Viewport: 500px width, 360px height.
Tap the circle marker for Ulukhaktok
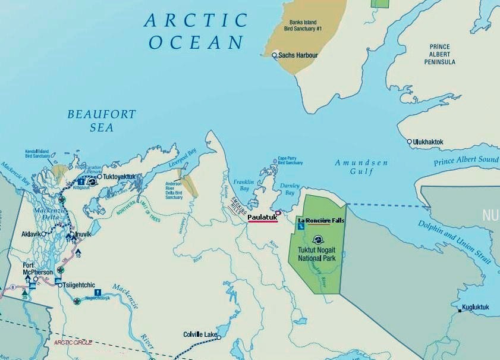tap(410, 142)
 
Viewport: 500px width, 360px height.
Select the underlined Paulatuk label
tap(262, 217)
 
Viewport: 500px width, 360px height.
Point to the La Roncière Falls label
tap(321, 220)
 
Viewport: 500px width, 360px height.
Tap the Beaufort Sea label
tap(102, 120)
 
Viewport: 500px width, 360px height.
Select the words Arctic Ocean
tap(196, 31)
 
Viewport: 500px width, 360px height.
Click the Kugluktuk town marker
tap(461, 309)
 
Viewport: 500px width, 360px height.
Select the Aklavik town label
tap(31, 234)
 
